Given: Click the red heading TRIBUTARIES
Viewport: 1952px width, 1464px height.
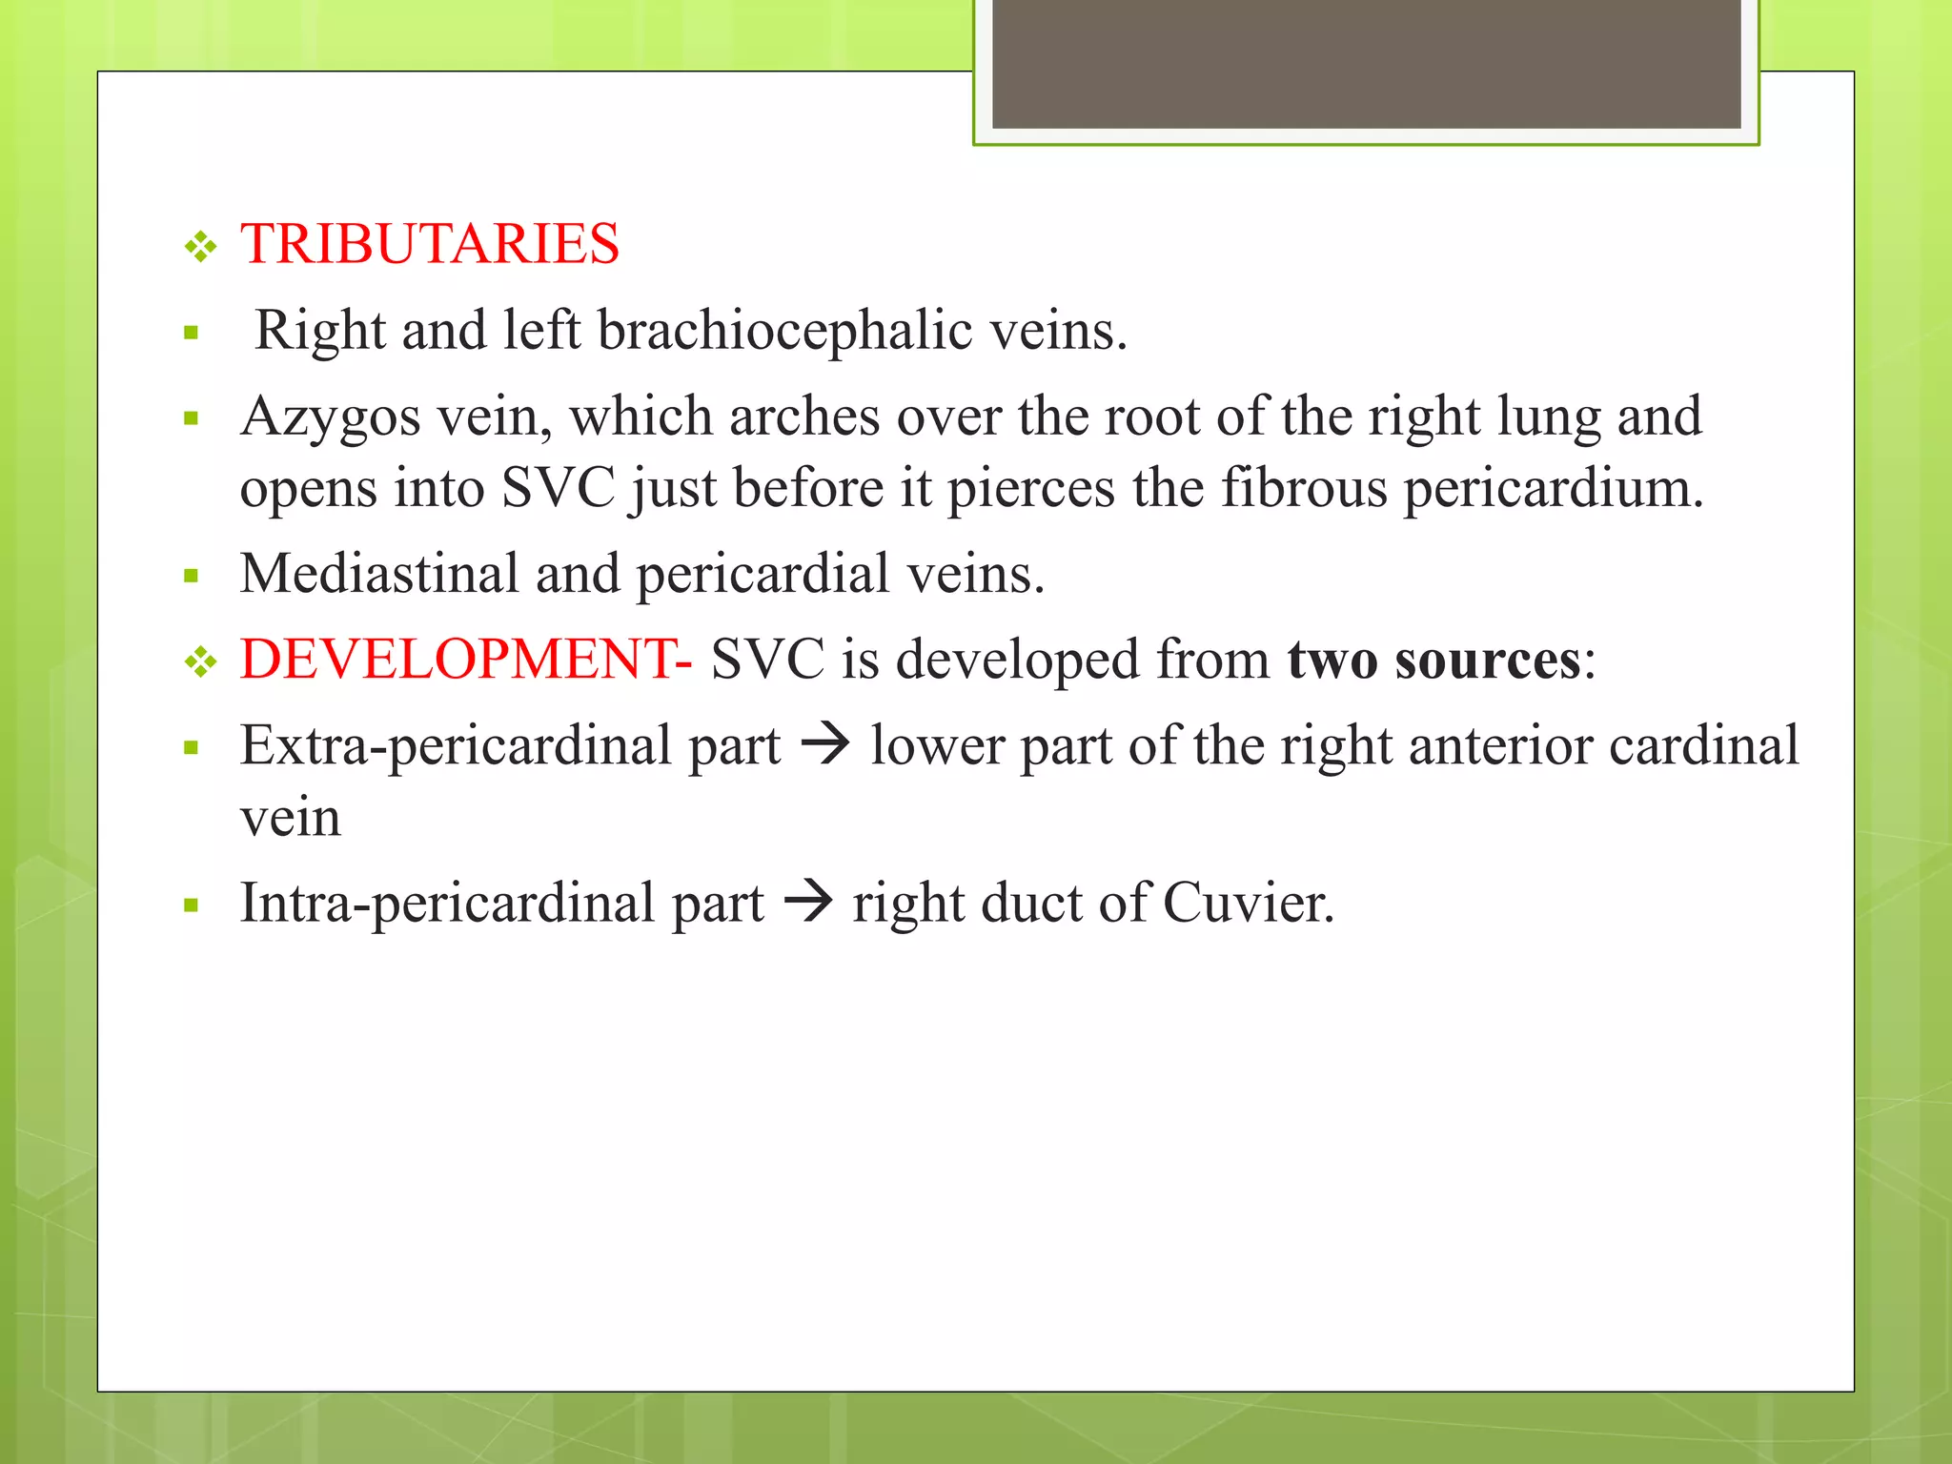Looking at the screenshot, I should point(430,244).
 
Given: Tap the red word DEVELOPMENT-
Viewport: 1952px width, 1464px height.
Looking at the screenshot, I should point(466,660).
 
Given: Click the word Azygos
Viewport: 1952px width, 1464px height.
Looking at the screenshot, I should point(330,417).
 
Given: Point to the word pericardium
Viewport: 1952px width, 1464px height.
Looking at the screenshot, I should point(1553,489).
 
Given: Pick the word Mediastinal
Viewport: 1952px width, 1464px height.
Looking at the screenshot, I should point(378,574).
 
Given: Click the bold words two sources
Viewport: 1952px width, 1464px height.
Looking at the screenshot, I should point(1433,660).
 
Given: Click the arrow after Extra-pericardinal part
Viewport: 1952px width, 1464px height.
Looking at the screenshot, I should point(825,745).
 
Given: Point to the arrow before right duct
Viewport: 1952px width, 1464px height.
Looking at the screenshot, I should point(808,903).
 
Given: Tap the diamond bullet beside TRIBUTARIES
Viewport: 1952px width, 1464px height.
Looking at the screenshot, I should point(201,248).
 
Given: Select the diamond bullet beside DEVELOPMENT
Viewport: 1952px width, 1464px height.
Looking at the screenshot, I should point(201,662).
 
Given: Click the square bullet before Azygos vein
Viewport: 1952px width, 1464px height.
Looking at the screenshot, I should point(192,418).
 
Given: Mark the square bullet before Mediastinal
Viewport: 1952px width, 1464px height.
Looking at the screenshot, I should point(192,576).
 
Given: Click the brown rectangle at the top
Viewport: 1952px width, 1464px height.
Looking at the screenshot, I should point(1366,63).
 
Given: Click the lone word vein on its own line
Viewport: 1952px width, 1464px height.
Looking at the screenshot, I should point(290,818).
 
